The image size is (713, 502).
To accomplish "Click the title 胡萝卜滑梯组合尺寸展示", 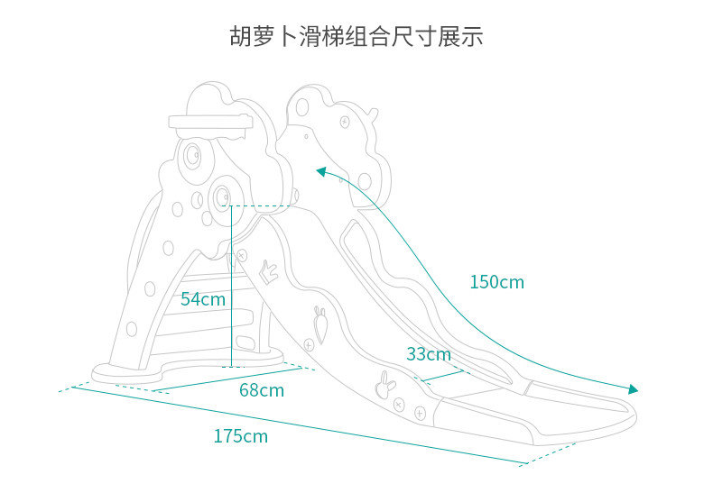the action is point(356,36).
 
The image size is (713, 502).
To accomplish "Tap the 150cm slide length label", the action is point(496,282).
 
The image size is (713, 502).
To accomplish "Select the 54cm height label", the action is point(203,299).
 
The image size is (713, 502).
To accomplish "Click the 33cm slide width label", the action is point(429,354).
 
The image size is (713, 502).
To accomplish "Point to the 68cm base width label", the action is point(262,390).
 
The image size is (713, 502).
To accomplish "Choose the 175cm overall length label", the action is point(241,436).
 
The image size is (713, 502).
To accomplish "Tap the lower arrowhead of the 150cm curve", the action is point(633,389).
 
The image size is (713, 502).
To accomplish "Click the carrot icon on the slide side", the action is point(321,324).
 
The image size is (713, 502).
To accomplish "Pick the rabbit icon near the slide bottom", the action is point(385,385).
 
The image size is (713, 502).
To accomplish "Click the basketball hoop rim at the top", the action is point(210,122).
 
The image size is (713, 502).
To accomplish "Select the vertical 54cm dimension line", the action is point(231,286).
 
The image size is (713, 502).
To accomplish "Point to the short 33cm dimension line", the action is point(442,376).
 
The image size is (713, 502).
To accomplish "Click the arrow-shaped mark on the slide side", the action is point(268,272).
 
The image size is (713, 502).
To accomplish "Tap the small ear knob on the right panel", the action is point(373,114).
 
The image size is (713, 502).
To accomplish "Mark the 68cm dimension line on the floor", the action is point(227,379).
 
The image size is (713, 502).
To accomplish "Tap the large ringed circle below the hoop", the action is point(193,155).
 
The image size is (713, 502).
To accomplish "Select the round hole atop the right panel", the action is point(302,107).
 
